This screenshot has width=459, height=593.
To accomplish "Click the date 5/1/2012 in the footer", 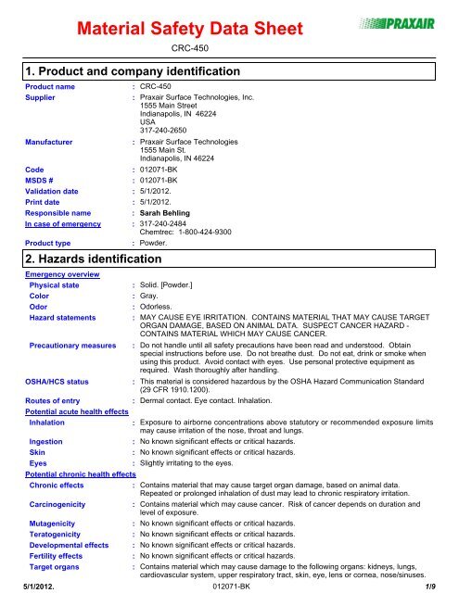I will point(24,586).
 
